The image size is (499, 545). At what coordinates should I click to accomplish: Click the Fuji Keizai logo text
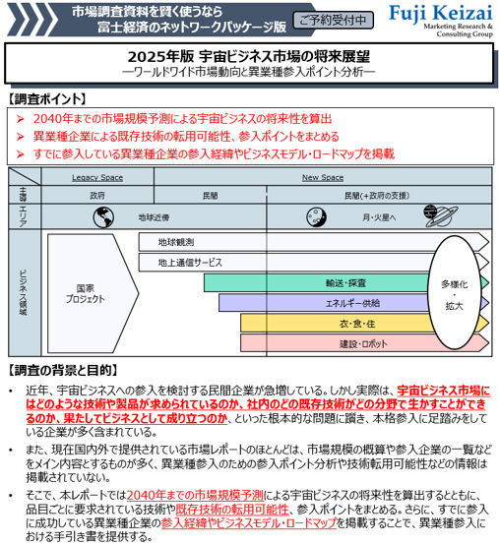pos(441,14)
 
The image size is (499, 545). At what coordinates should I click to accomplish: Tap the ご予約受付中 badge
pos(333,20)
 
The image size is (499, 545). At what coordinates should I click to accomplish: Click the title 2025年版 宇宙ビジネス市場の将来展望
pos(249,57)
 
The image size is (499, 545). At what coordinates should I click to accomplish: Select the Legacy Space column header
pos(97,177)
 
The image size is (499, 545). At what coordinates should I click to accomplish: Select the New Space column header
pos(323,177)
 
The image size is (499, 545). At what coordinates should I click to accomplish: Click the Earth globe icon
pos(103,217)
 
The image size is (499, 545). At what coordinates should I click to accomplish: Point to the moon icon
pos(316,216)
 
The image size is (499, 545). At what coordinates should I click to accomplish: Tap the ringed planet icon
pos(441,215)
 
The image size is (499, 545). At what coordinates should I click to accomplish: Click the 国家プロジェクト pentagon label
pos(86,293)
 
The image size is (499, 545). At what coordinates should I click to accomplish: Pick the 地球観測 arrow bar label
pos(176,242)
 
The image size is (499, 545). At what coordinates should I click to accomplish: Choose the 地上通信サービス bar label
pos(190,263)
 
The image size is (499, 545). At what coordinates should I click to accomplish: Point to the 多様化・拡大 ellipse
pos(454,292)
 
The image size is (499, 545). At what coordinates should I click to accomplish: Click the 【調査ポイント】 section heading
pos(47,99)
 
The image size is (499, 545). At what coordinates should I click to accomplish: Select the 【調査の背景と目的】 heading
pos(63,371)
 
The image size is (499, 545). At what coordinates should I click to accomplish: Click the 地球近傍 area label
pos(154,217)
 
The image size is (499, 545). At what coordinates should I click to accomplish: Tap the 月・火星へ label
pos(379,217)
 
